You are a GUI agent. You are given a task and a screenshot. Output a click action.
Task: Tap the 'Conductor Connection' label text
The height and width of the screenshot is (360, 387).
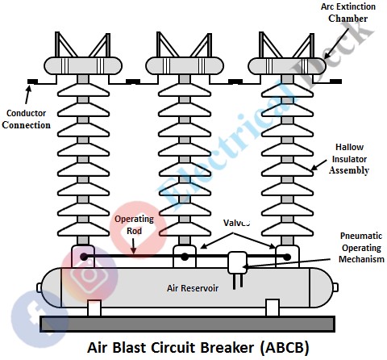pos(28,119)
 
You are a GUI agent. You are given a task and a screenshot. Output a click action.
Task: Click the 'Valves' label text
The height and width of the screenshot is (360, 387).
pos(236,223)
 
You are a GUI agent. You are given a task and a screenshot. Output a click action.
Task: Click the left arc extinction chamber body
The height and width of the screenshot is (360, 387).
pos(82,65)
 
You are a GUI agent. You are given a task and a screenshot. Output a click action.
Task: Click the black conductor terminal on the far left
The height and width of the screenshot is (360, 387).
pos(33,81)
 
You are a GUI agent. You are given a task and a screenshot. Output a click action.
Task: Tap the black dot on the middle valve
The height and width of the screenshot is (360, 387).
pos(185,257)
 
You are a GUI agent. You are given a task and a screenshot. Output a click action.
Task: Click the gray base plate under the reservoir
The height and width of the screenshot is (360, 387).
pos(189,324)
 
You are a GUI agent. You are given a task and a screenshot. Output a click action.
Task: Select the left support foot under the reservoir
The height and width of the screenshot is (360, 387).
pos(94,308)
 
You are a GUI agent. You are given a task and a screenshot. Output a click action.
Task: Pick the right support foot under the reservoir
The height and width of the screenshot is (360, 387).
pos(273,308)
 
